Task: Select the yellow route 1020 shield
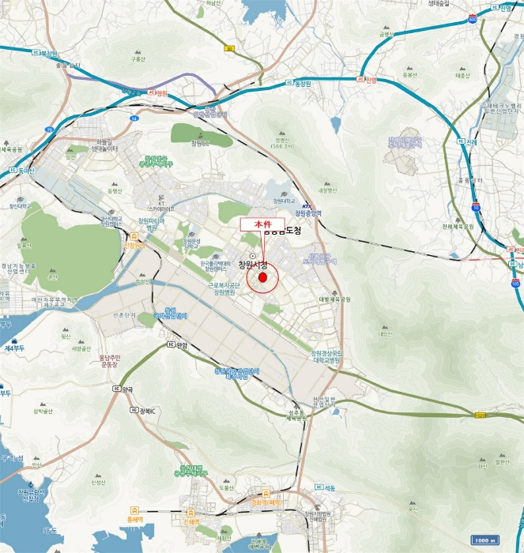pyautogui.click(x=480, y=414)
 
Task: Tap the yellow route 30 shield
pyautogui.click(x=230, y=48)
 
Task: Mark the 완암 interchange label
pyautogui.click(x=180, y=344)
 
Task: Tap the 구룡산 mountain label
pyautogui.click(x=139, y=58)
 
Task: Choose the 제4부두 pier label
pyautogui.click(x=13, y=348)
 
